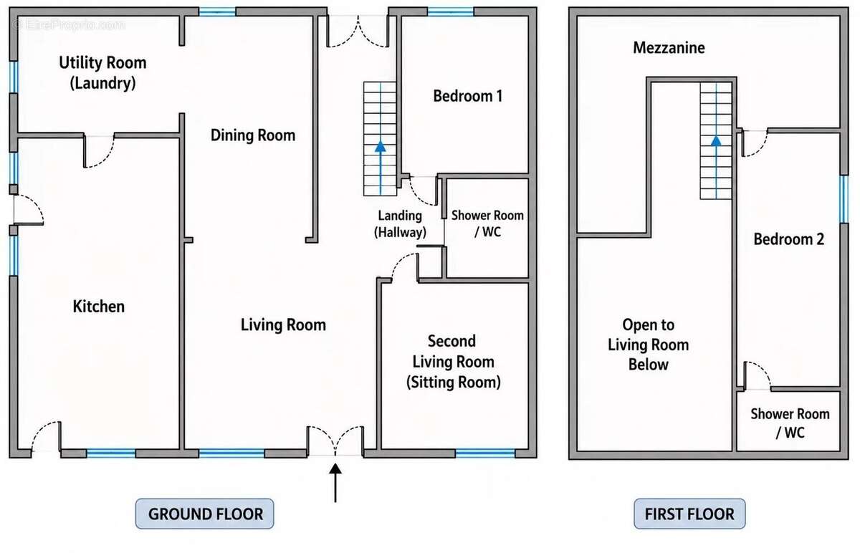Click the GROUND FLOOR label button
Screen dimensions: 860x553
(205, 514)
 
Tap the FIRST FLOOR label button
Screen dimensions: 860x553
(689, 514)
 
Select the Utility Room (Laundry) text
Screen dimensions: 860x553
(102, 72)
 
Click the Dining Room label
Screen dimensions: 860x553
(253, 135)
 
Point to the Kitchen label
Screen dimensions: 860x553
(99, 307)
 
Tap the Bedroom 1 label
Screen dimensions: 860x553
(467, 96)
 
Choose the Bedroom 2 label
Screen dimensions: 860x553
(788, 239)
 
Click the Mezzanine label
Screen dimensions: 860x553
(669, 48)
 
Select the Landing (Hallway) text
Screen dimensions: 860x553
(400, 224)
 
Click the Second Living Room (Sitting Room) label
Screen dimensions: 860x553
(453, 362)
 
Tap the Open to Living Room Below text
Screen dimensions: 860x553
(648, 345)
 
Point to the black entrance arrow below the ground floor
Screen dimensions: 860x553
(335, 483)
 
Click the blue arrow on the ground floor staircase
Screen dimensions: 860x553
(381, 168)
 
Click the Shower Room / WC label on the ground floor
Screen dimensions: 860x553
(487, 223)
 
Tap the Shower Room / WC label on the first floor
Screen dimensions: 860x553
(790, 423)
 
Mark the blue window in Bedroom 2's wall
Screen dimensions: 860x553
(844, 199)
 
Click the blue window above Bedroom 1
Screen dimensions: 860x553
(451, 11)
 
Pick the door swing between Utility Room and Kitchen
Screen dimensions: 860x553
(99, 152)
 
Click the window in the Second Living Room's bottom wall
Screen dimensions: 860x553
(485, 453)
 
